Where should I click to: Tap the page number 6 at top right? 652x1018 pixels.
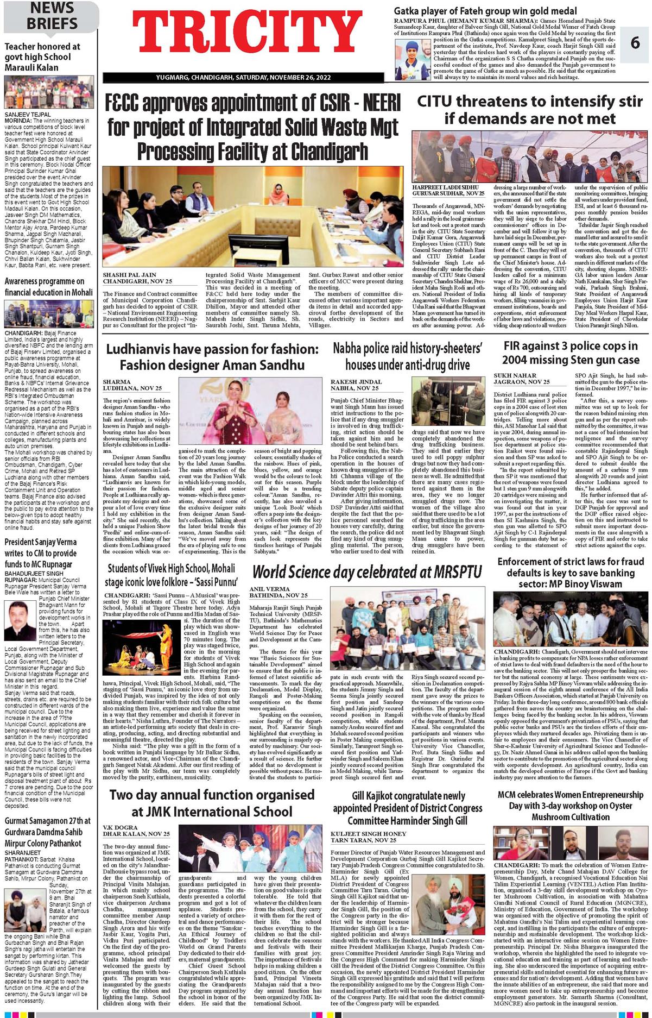[x=635, y=43]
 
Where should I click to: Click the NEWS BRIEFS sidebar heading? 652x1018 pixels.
[x=52, y=16]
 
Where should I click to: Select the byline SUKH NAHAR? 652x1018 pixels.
[x=513, y=375]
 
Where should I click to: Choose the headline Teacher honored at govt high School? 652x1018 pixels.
[x=42, y=57]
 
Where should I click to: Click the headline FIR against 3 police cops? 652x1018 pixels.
[x=571, y=353]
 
